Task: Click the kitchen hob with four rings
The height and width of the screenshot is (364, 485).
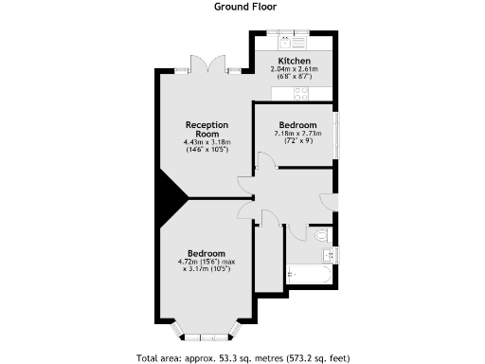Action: tap(301, 93)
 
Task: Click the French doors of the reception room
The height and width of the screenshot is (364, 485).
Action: tap(206, 65)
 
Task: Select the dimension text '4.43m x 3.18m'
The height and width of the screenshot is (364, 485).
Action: tap(207, 143)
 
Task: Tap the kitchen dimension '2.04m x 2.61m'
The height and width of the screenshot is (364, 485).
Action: tap(294, 69)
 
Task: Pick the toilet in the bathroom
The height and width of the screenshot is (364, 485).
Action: tap(320, 233)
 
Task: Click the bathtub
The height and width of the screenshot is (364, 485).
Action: tap(308, 276)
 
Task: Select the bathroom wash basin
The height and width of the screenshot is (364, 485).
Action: tap(329, 253)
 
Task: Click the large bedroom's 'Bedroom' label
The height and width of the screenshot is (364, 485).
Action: tap(206, 253)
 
